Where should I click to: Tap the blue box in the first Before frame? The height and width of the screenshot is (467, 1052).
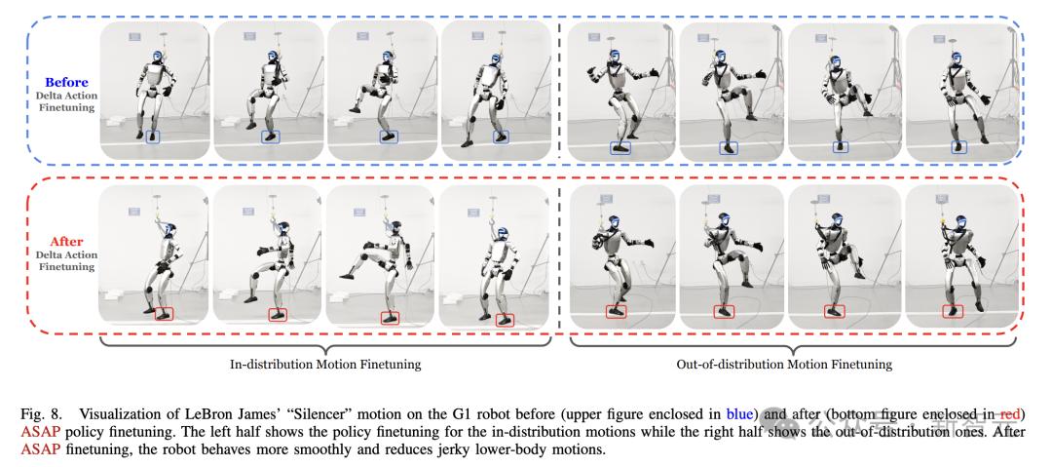click(x=154, y=137)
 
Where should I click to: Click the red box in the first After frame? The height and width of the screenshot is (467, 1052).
click(x=163, y=313)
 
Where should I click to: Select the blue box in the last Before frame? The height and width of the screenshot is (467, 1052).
click(x=958, y=146)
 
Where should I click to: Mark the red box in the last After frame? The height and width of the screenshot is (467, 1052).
click(x=955, y=310)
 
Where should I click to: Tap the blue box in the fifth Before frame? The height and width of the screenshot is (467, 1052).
click(x=620, y=147)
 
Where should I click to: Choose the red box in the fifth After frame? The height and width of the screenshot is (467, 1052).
click(x=615, y=311)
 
